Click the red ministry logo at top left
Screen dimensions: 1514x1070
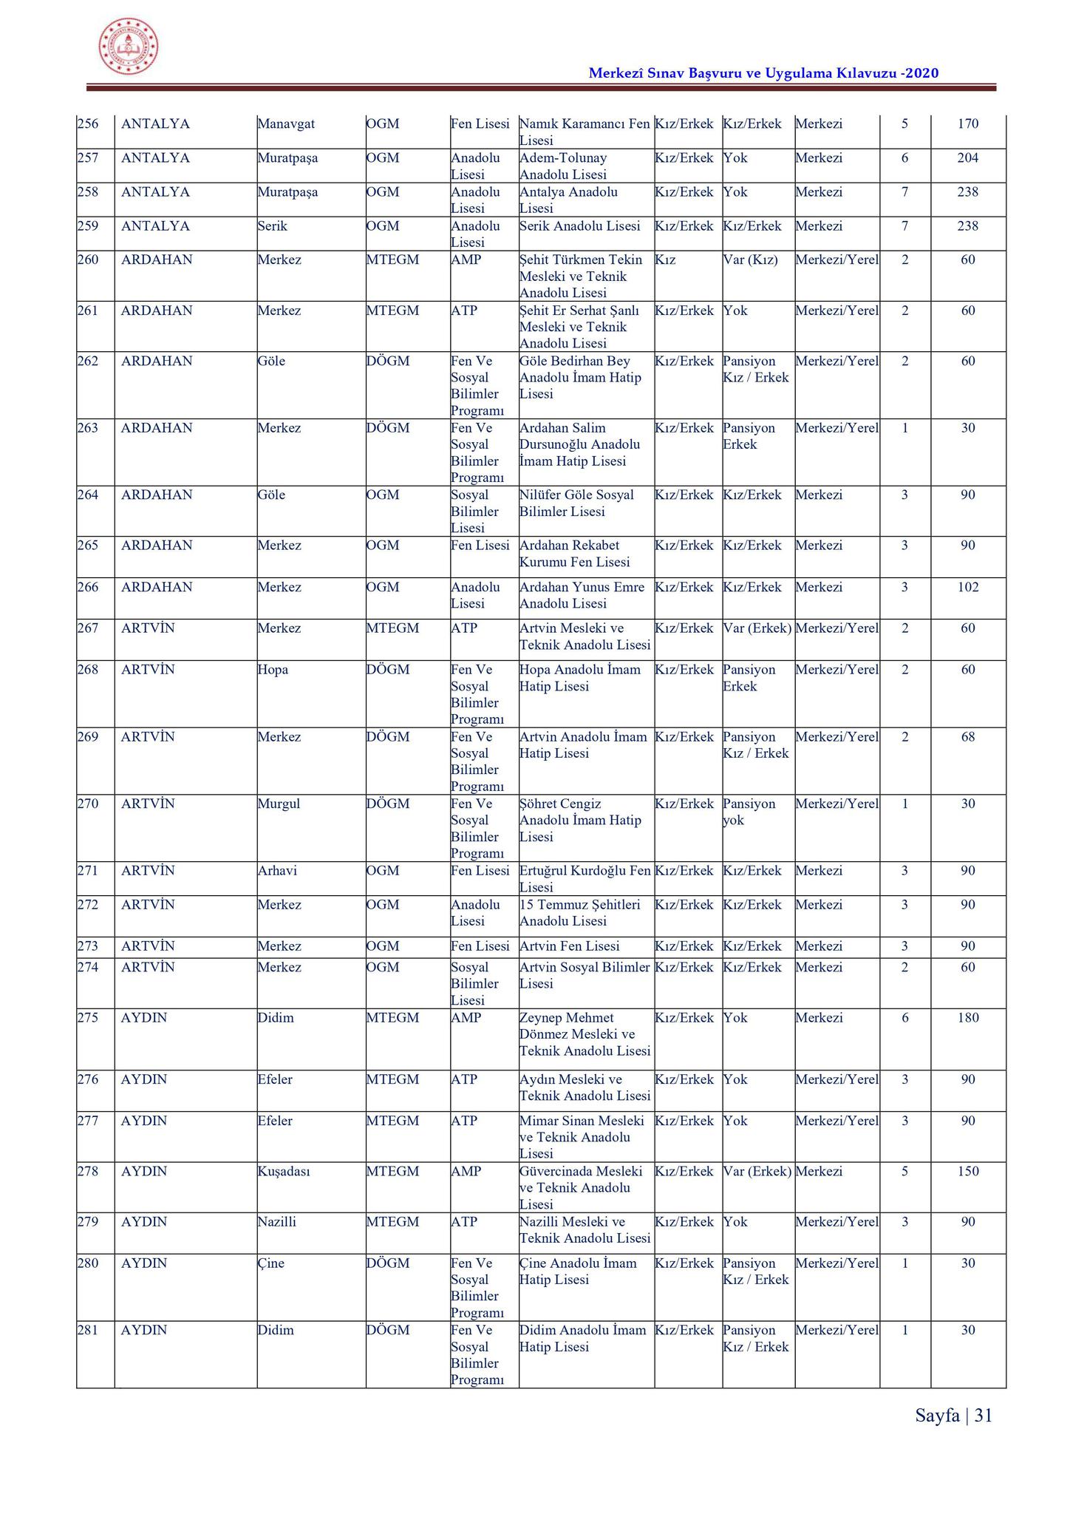coord(129,47)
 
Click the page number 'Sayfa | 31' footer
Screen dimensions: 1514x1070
coord(953,1415)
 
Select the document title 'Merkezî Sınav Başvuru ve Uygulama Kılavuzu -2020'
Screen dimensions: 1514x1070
coord(763,72)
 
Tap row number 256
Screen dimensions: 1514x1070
coord(88,123)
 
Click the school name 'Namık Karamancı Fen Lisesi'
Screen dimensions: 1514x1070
coord(585,132)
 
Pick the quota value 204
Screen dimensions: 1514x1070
coord(967,157)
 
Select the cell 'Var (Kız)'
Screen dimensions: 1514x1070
coord(750,259)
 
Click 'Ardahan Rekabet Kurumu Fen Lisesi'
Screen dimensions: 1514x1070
coord(575,554)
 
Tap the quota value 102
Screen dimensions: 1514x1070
coord(967,587)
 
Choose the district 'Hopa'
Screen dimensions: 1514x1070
coord(273,669)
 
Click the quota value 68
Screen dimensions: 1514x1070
coord(968,736)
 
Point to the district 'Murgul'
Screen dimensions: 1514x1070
coord(279,804)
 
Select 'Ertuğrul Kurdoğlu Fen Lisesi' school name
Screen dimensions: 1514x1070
coord(585,878)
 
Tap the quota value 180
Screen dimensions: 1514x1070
coord(967,1017)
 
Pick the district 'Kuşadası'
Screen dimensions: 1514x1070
coord(283,1171)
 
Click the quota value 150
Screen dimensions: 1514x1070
coord(967,1171)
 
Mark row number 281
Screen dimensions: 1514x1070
coord(88,1330)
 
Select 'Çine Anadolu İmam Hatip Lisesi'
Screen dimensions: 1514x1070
coord(578,1271)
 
